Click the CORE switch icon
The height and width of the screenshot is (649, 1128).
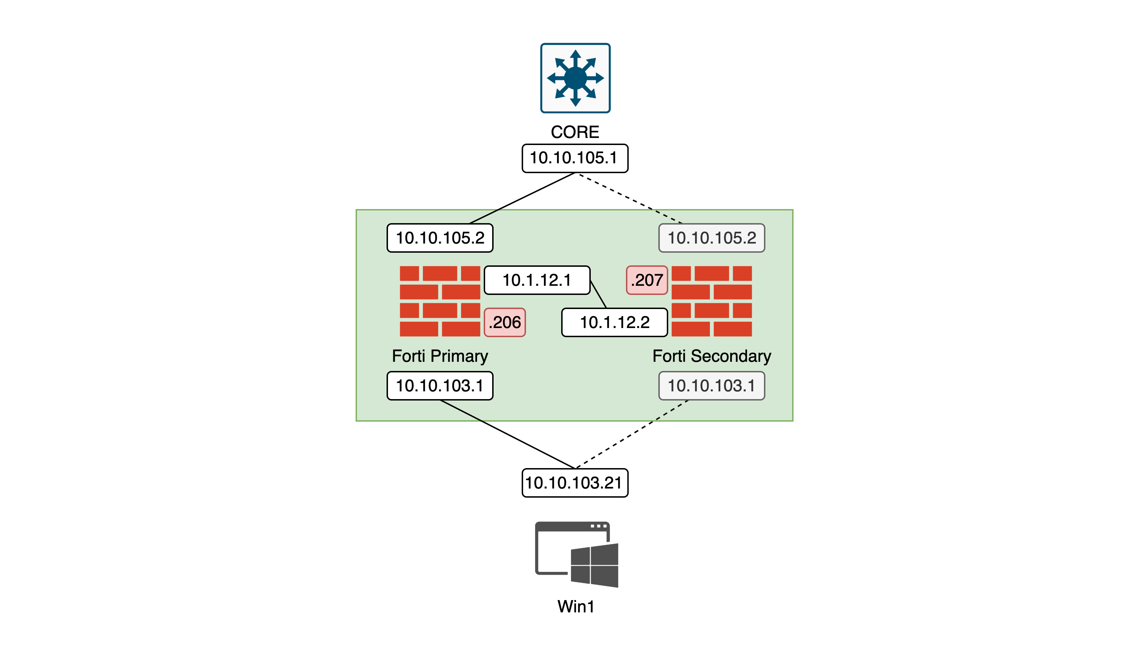(x=575, y=78)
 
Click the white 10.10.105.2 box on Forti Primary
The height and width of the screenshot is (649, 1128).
(x=440, y=238)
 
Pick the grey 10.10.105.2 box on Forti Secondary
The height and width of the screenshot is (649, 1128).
(x=712, y=238)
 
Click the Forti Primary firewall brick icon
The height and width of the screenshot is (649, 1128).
(x=440, y=301)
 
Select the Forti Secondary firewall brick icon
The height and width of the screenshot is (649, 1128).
(x=712, y=301)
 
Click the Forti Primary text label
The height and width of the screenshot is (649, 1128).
(x=440, y=356)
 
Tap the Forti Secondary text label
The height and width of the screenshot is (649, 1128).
(x=712, y=356)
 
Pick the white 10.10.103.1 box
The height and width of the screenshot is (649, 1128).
(x=440, y=386)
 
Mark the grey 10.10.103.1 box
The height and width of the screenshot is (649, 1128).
(x=712, y=386)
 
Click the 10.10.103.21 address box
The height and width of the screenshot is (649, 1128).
(x=575, y=483)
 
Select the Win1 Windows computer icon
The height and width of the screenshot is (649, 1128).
(x=576, y=555)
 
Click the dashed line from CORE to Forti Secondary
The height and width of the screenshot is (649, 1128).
(x=631, y=199)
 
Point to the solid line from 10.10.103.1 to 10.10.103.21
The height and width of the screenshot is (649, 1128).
(x=507, y=434)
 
